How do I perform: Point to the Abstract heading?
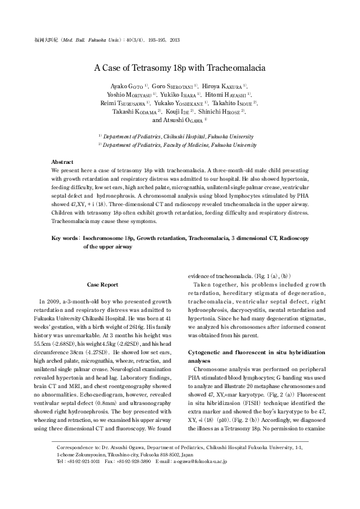click(x=62, y=163)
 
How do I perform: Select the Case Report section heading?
click(x=102, y=284)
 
